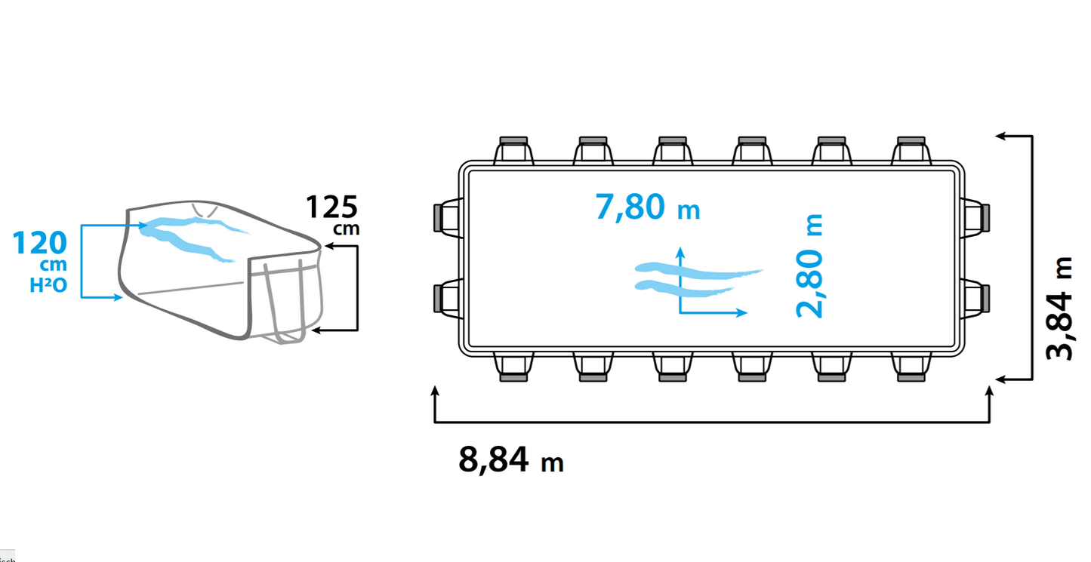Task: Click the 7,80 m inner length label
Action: pyautogui.click(x=647, y=207)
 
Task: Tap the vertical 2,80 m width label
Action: pyautogui.click(x=809, y=266)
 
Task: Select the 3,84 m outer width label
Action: pyautogui.click(x=1059, y=309)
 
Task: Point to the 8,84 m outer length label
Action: pyautogui.click(x=511, y=460)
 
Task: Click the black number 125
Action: pyautogui.click(x=331, y=207)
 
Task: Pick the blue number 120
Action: pyautogui.click(x=39, y=243)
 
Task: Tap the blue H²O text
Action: pyautogui.click(x=48, y=285)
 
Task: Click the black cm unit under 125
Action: pyautogui.click(x=347, y=229)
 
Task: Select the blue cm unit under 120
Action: pyautogui.click(x=54, y=266)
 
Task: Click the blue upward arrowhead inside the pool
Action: pyautogui.click(x=680, y=251)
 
